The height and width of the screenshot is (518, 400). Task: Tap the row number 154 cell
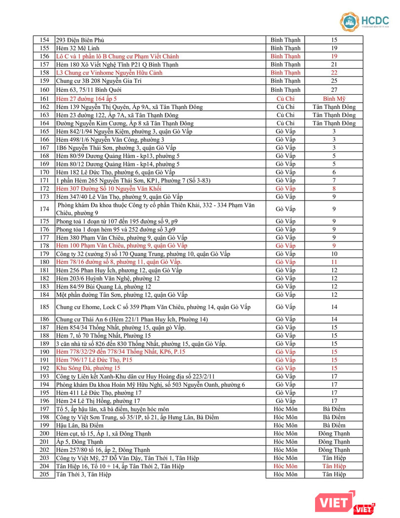click(44, 40)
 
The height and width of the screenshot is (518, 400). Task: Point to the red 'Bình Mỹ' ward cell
click(334, 99)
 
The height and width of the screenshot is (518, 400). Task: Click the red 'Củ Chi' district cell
click(285, 99)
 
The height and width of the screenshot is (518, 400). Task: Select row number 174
click(44, 209)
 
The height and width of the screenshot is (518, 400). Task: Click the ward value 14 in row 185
click(334, 307)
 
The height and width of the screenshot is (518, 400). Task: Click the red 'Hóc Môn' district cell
click(285, 466)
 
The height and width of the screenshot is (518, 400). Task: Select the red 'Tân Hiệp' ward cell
click(334, 466)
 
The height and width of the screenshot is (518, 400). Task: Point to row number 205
click(44, 475)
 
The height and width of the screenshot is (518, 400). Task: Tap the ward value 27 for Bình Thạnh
click(334, 89)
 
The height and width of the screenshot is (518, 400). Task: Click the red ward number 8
click(334, 189)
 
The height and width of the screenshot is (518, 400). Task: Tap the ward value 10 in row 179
click(334, 254)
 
